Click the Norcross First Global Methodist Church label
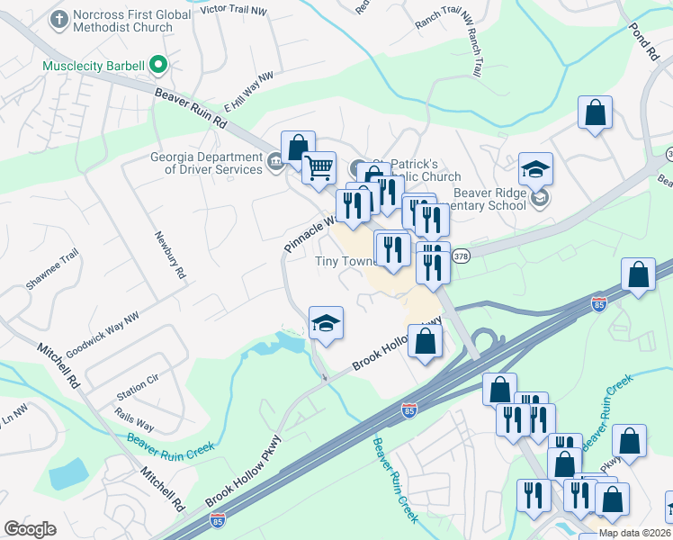[x=122, y=21]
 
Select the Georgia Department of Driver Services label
[x=206, y=163]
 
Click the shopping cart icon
[x=319, y=166]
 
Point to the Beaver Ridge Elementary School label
[x=489, y=198]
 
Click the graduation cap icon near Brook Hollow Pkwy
[x=326, y=323]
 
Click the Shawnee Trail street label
[x=52, y=268]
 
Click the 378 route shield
[x=461, y=256]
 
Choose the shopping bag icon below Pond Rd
[x=595, y=112]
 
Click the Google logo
[x=30, y=529]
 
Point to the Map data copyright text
[x=634, y=533]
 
